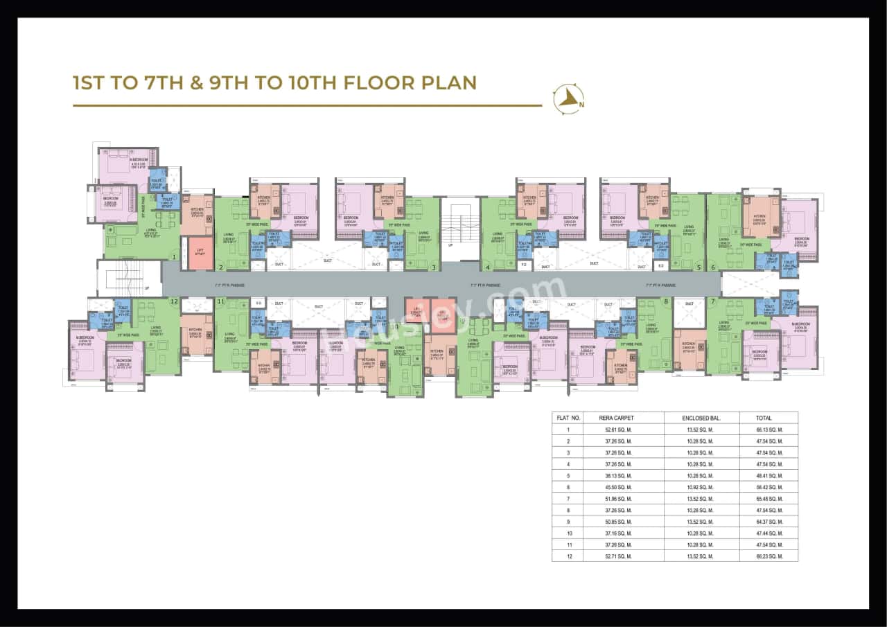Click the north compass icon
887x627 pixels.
click(x=568, y=99)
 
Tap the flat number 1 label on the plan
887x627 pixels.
click(x=174, y=256)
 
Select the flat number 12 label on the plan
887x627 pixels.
click(x=174, y=301)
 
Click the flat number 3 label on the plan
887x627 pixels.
click(x=433, y=267)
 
